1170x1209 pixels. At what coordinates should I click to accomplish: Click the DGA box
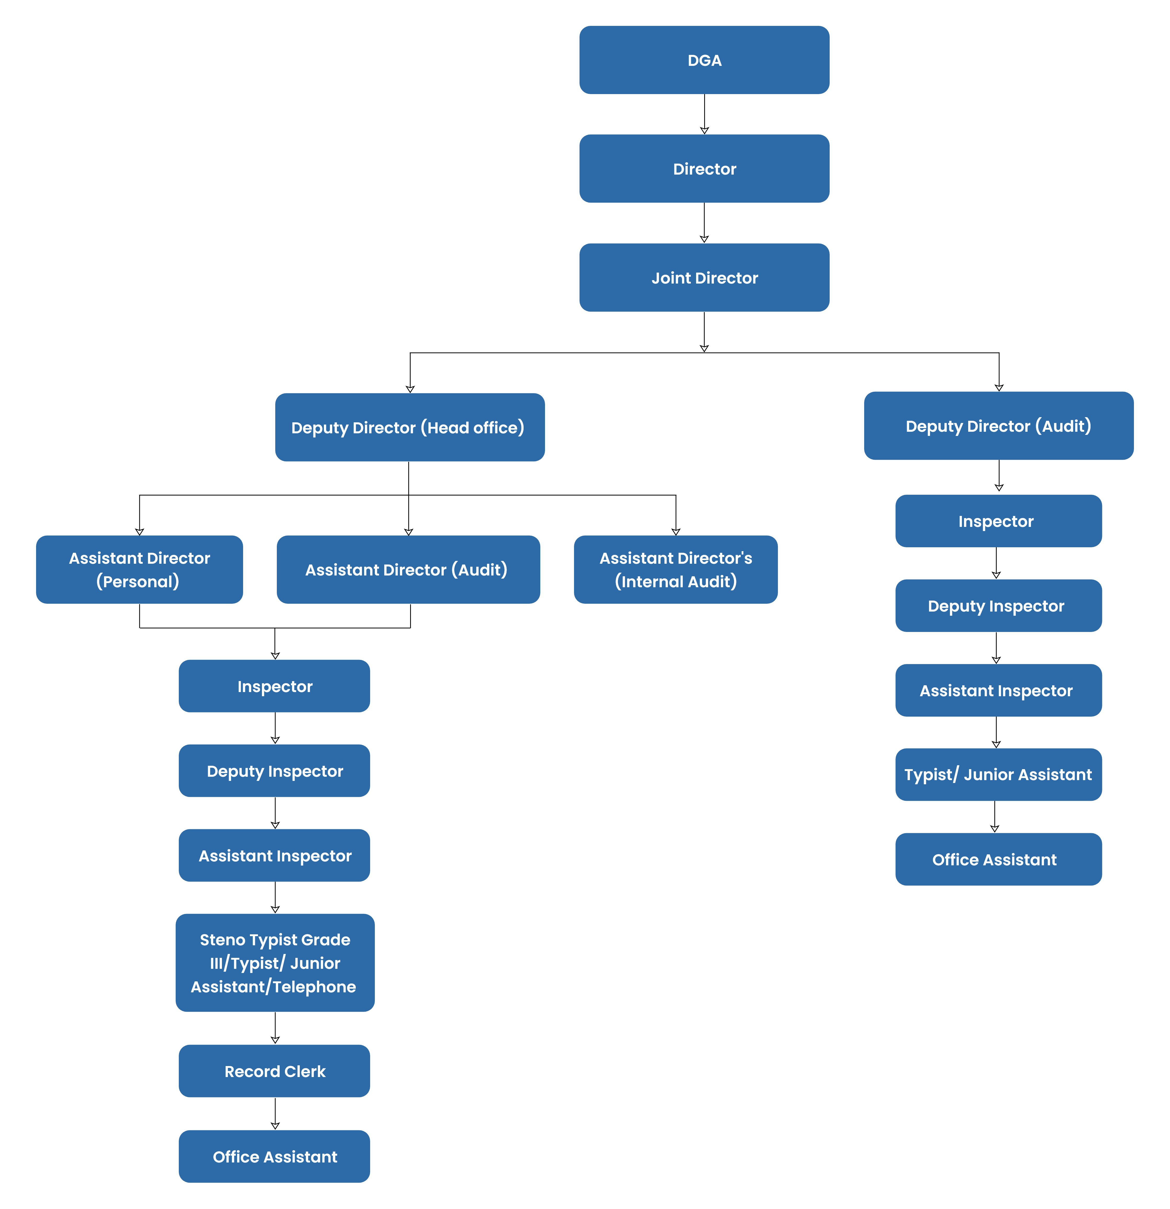[x=704, y=60]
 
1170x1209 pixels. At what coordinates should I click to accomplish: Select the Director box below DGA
[x=704, y=168]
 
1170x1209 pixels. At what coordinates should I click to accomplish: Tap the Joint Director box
[x=704, y=278]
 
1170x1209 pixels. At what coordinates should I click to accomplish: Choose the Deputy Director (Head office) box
[x=410, y=427]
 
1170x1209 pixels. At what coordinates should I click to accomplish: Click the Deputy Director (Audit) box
[x=999, y=426]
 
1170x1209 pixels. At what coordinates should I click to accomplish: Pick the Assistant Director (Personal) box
[x=140, y=569]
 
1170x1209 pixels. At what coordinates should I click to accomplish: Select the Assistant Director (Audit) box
[x=409, y=569]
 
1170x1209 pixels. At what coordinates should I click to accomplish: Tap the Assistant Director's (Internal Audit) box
[x=676, y=569]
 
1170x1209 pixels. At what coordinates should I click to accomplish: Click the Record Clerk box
[x=275, y=1071]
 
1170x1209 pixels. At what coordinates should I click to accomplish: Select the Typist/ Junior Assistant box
[x=999, y=774]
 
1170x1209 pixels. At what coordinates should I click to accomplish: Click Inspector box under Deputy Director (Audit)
[x=999, y=521]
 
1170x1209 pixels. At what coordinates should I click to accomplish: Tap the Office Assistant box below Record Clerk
[x=275, y=1156]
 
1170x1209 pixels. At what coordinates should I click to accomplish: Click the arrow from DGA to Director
[x=704, y=114]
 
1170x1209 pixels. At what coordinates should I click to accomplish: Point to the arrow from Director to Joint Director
[x=704, y=223]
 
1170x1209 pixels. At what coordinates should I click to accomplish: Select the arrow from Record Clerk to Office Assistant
[x=275, y=1113]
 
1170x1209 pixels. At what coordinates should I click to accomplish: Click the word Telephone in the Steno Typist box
[x=315, y=986]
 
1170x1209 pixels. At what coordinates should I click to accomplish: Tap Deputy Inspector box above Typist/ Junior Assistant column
[x=999, y=605]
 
